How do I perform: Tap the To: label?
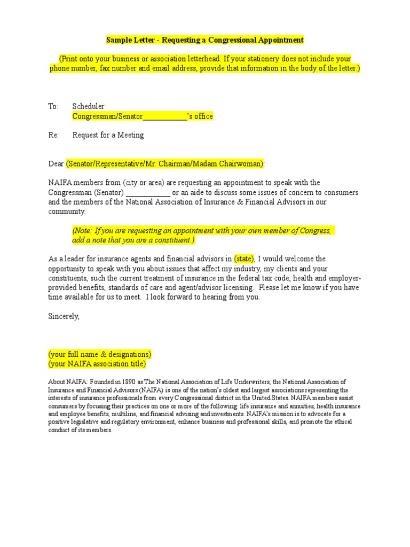click(x=53, y=106)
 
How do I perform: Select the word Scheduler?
click(x=89, y=106)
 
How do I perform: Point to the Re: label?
click(x=53, y=135)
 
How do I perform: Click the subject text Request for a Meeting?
click(x=108, y=135)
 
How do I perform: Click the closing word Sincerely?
click(x=64, y=316)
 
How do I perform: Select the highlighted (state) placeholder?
click(x=245, y=259)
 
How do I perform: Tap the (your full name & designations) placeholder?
click(x=100, y=354)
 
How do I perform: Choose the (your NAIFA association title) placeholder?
click(x=97, y=364)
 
